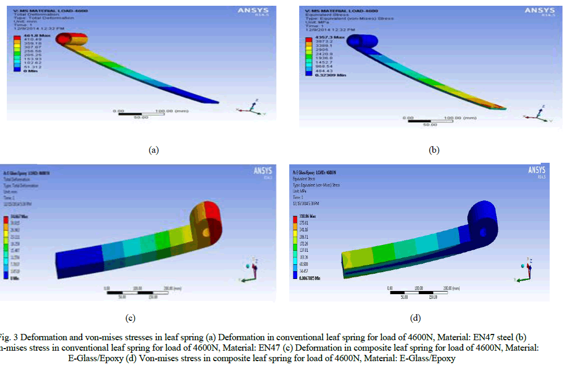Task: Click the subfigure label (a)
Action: [x=153, y=150]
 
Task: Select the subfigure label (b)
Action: [x=434, y=150]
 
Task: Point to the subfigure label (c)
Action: [x=130, y=317]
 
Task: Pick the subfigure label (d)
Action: [x=416, y=317]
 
